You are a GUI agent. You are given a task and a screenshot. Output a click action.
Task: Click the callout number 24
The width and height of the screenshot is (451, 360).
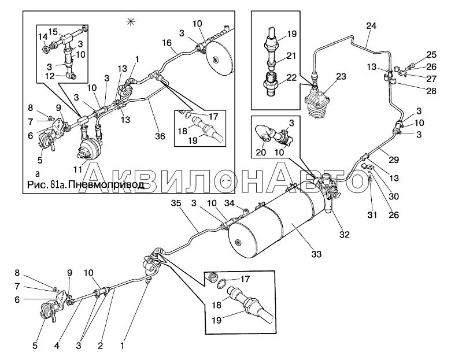tap(371, 25)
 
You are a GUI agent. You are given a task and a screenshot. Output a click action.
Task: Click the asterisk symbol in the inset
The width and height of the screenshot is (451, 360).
tap(130, 21)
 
